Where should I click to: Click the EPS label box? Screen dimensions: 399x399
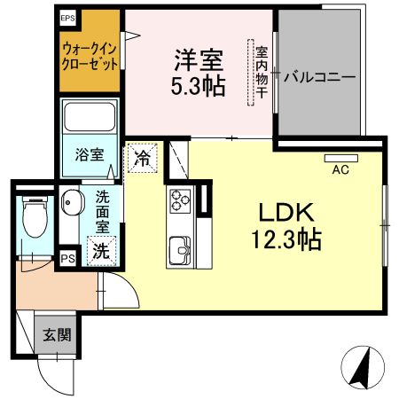pos(68,19)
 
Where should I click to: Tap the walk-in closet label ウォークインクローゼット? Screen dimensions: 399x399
pos(90,56)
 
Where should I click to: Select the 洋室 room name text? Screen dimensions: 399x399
pos(199,60)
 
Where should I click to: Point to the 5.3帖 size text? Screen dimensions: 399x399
pos(199,86)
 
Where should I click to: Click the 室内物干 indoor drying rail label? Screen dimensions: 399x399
pos(262,72)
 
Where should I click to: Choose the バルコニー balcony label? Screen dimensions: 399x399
pos(319,77)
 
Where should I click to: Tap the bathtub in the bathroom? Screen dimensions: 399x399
pos(90,117)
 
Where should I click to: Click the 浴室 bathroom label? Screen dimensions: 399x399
pos(90,154)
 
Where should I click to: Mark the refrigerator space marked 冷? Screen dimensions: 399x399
pos(143,158)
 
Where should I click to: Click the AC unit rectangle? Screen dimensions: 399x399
pos(341,158)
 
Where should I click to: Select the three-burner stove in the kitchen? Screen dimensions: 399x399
pos(180,201)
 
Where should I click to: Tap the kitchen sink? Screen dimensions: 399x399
pos(180,251)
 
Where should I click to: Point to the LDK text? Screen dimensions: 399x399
pos(286,213)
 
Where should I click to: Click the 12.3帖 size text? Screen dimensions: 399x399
pos(286,239)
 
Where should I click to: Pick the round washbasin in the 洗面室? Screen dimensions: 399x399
pos(72,202)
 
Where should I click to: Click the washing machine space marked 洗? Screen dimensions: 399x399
pos(101,251)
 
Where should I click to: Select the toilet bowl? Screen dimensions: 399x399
pos(35,217)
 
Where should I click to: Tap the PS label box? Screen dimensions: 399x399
pos(67,259)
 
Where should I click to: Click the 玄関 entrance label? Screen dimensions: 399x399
pos(57,335)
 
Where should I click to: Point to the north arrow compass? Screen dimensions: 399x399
pos(363,367)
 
